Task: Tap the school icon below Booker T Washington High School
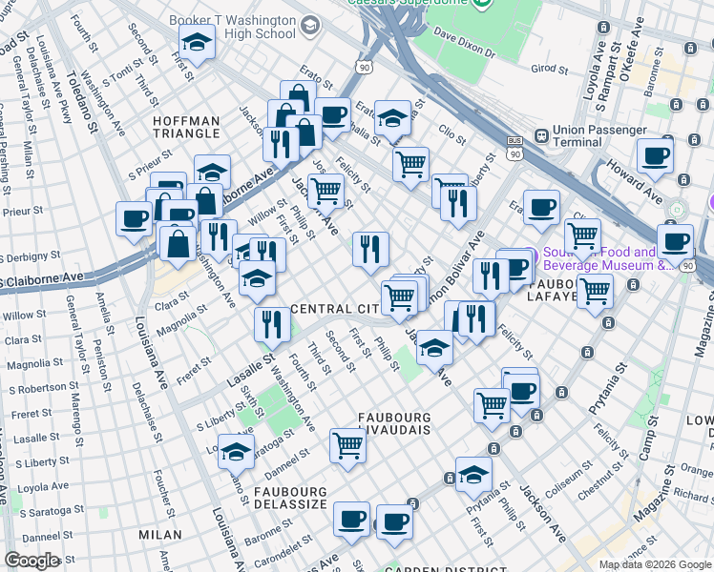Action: tap(196, 44)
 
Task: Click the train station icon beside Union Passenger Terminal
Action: tap(540, 134)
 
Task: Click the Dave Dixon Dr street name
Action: tap(465, 46)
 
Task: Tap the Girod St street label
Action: tap(549, 69)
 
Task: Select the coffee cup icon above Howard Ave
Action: tap(655, 156)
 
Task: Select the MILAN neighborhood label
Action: tap(159, 535)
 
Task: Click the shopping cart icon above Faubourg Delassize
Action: tap(347, 444)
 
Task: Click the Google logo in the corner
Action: tap(31, 561)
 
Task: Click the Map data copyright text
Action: tap(654, 564)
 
